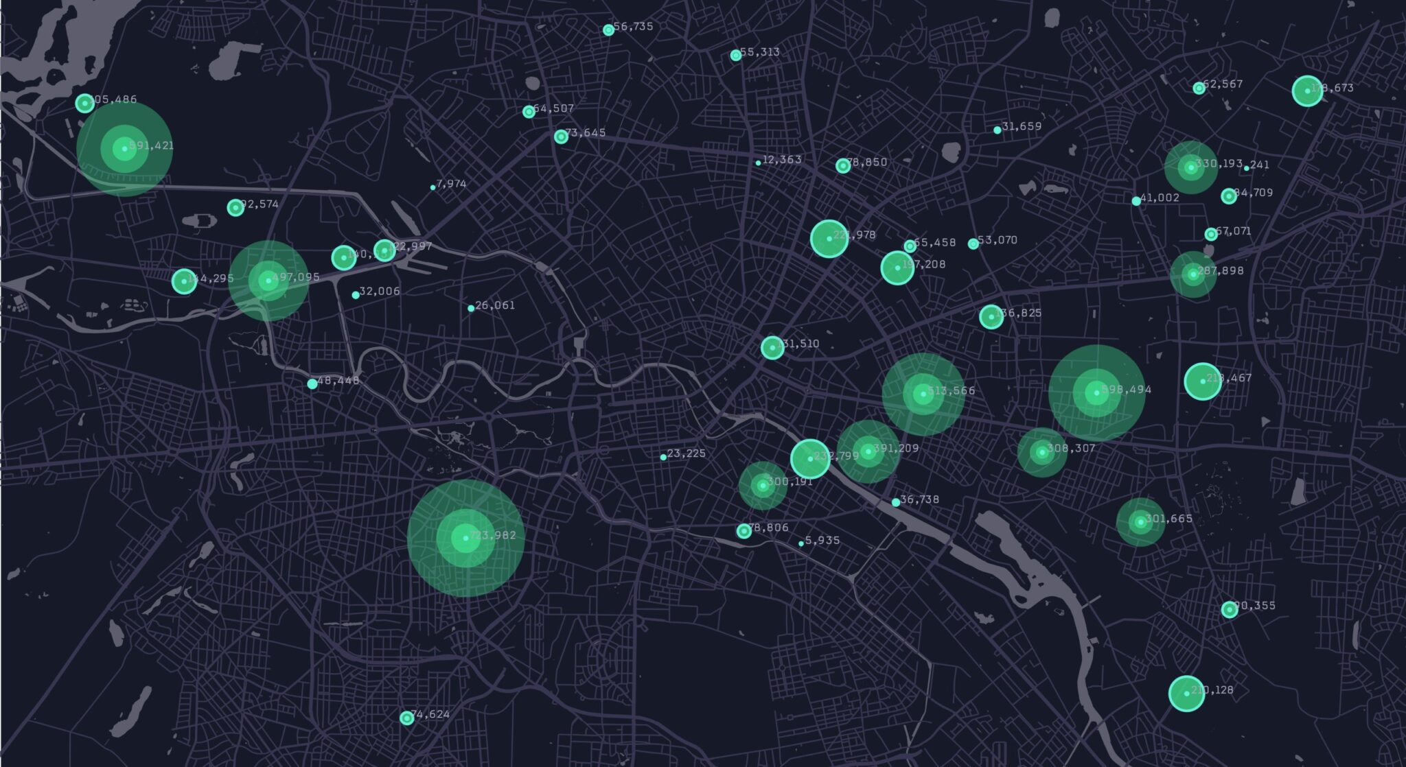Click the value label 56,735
coord(633,27)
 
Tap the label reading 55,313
coord(759,52)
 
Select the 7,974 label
coord(451,184)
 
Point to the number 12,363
coord(782,160)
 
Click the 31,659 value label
coord(1022,126)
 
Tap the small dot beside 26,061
coord(471,309)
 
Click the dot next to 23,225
coord(663,457)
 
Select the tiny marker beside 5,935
coord(801,544)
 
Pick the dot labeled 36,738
coord(896,503)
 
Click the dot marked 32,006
coord(356,295)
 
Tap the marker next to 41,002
coord(1136,201)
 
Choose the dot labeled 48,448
coord(312,384)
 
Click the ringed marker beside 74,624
coord(407,718)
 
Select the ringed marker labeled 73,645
coord(561,137)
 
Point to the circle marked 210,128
coord(1186,694)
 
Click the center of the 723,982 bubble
coord(466,538)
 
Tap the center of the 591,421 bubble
coord(124,149)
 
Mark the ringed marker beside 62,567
coord(1199,88)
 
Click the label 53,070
coord(998,240)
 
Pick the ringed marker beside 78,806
coord(744,531)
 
